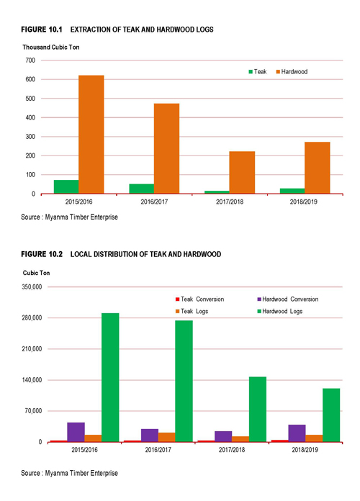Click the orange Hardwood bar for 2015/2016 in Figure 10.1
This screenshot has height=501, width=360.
91,135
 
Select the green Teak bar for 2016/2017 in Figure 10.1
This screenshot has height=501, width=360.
141,189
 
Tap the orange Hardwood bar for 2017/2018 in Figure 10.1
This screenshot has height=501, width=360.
242,173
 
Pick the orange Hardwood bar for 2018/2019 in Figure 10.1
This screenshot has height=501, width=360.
317,168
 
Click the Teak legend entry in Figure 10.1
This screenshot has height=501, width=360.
258,71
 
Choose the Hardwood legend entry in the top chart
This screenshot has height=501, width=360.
292,71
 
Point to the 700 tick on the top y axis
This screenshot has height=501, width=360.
30,60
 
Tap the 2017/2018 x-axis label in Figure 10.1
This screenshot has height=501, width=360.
230,202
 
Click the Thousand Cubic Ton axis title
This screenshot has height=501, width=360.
51,48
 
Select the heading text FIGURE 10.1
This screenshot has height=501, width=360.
42,30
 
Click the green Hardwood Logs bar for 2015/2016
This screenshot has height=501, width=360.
110,377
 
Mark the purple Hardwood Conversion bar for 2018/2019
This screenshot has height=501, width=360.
297,433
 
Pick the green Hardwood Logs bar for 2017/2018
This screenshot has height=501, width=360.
258,410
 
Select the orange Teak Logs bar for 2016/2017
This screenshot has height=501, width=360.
167,437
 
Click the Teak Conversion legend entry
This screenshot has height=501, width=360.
200,299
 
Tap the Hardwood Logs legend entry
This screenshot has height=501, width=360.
280,311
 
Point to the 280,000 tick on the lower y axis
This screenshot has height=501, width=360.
32,318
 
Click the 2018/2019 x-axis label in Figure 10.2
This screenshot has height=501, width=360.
305,450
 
